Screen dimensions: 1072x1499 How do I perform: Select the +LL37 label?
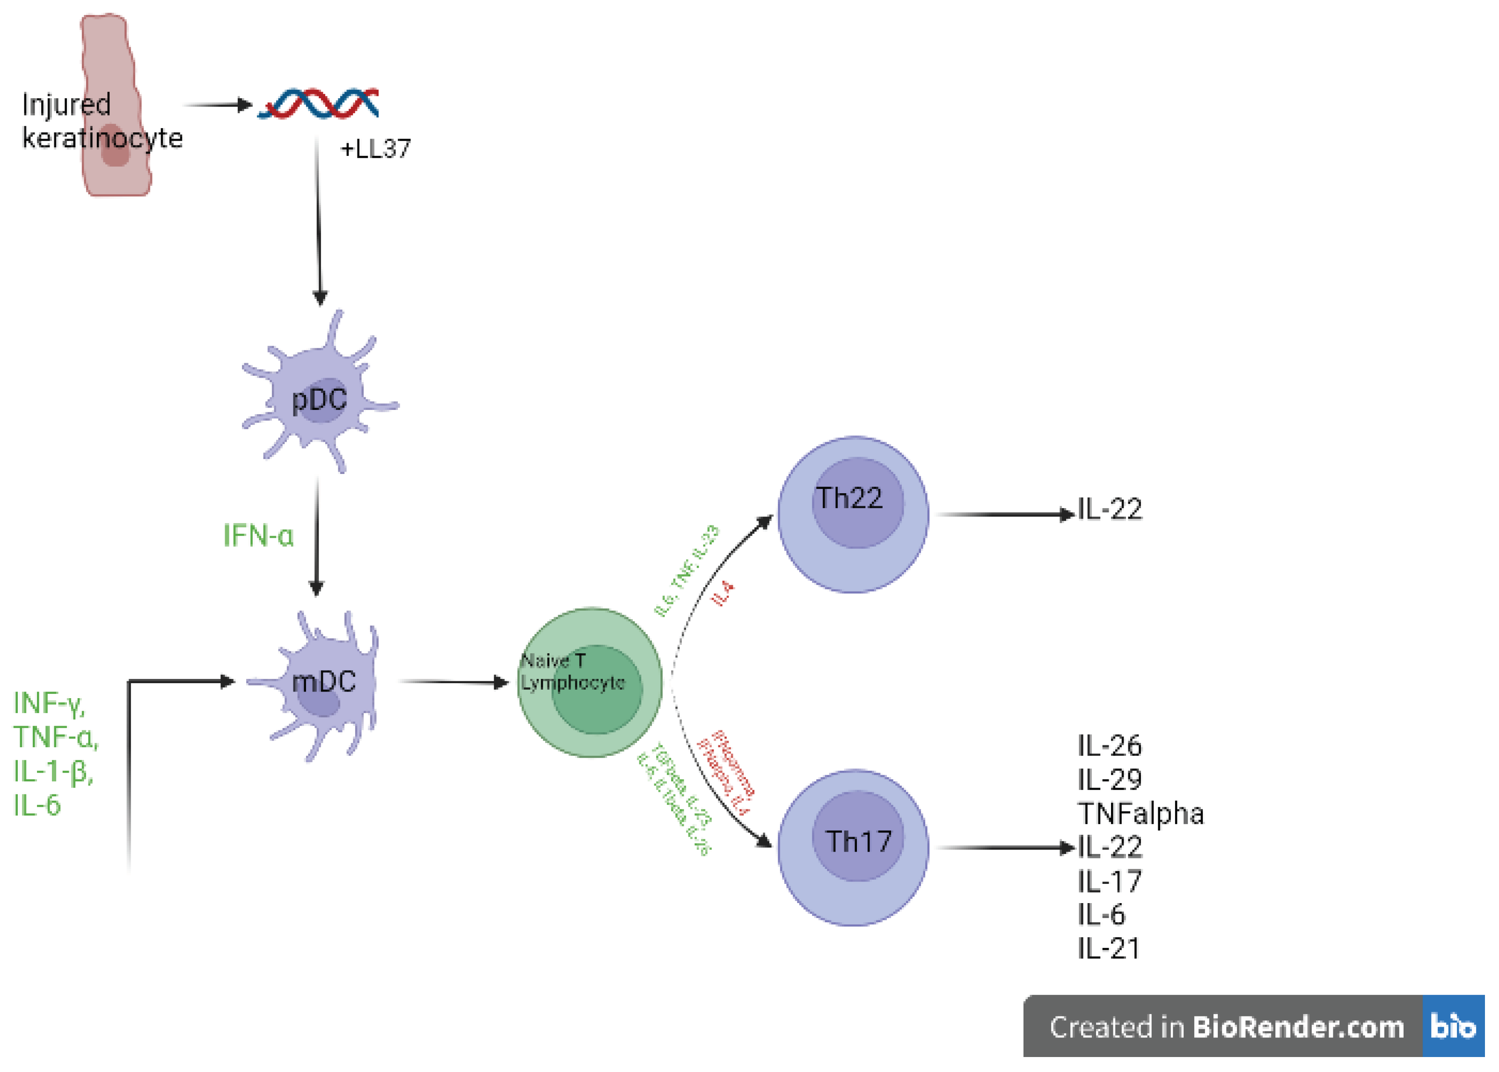[375, 148]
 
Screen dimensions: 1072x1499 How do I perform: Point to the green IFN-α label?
[258, 535]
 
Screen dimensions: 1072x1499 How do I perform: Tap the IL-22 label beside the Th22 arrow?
[1110, 509]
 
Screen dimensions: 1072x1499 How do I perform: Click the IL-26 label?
[1109, 746]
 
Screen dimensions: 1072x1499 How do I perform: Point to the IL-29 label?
[1109, 780]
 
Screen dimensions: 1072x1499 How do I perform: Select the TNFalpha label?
[1140, 813]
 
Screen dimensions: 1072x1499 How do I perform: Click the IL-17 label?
[1109, 881]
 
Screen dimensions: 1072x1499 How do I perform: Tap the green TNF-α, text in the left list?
[56, 737]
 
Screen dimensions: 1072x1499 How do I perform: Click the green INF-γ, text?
[50, 703]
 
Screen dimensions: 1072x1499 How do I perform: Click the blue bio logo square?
[1453, 1027]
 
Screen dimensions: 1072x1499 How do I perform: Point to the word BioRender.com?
[1298, 1027]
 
